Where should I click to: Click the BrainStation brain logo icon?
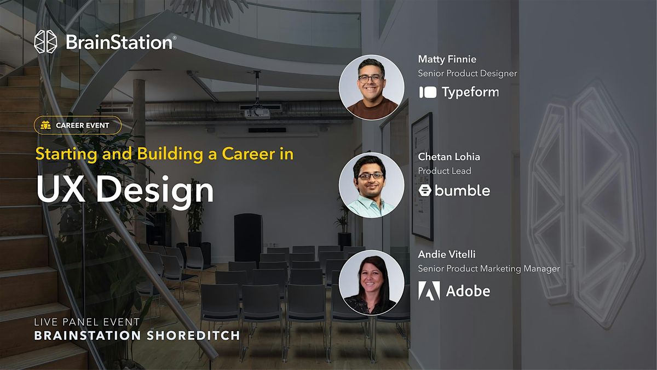coord(45,42)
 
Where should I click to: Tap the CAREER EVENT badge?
coord(77,125)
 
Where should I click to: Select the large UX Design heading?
coord(125,190)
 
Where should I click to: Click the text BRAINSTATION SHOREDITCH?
coord(137,335)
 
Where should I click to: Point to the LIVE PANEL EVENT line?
coord(87,322)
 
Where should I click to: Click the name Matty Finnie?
coord(446,59)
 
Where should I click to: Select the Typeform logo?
coord(459,92)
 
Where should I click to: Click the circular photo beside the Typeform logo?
coord(372,88)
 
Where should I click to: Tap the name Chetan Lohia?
coord(449,157)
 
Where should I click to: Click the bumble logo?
coord(454,190)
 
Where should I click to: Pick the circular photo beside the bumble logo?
coord(372,185)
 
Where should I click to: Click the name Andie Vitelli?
coord(447,254)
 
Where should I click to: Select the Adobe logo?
coord(454,291)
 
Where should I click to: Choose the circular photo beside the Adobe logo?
coord(372,282)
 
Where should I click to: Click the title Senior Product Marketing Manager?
coord(489,269)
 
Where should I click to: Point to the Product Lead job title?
coord(445,171)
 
